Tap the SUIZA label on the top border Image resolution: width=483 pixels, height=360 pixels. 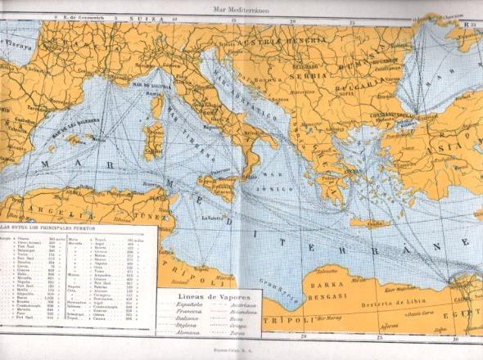coord(151,16)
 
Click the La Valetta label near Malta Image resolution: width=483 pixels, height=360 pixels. coord(215,218)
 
